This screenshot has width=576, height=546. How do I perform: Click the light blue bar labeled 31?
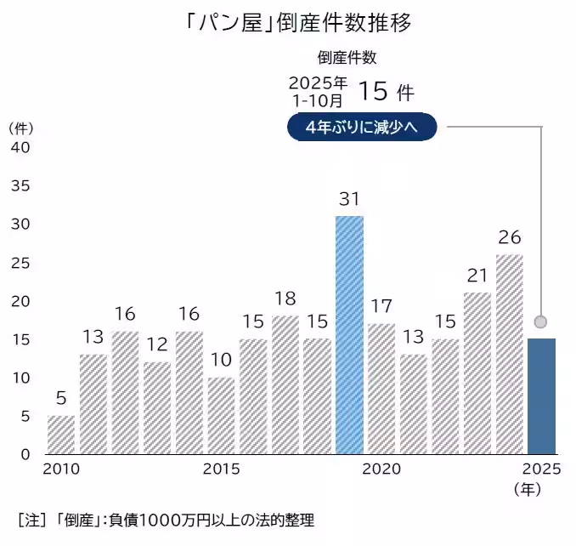click(x=349, y=334)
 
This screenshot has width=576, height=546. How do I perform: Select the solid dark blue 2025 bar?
click(x=541, y=395)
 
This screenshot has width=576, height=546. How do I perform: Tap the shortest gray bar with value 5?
click(x=60, y=434)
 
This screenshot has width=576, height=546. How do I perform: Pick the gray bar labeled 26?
click(x=509, y=353)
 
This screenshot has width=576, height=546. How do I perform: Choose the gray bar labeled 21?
click(x=477, y=373)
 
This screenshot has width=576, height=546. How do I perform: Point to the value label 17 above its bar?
click(x=381, y=304)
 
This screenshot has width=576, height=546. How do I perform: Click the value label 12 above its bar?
click(x=156, y=344)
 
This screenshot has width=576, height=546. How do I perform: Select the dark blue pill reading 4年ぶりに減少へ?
click(x=362, y=128)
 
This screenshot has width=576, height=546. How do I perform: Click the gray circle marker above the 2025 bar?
click(x=540, y=321)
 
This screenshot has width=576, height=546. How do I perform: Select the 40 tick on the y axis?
click(x=20, y=147)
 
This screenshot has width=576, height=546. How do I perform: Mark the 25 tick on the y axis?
click(x=20, y=262)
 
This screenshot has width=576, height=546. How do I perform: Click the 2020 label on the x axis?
click(x=381, y=469)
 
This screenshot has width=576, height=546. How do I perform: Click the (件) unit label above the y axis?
click(x=21, y=128)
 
